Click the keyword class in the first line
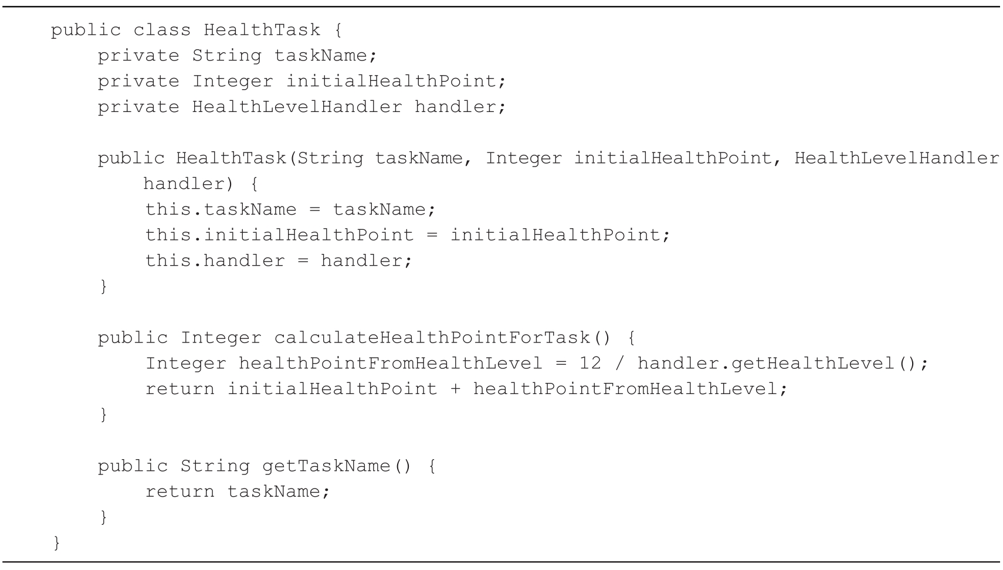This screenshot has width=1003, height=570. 162,30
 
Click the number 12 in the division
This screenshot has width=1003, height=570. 590,363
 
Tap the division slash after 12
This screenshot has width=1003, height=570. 619,363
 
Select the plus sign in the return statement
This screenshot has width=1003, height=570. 455,389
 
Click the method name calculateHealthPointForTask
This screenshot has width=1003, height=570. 432,338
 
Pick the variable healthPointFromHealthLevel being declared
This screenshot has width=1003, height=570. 390,363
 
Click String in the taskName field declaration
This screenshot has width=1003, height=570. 226,56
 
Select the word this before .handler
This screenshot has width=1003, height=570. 168,260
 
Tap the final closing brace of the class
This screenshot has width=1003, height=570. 56,542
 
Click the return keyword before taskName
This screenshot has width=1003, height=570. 179,491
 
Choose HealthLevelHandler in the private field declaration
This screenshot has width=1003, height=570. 297,107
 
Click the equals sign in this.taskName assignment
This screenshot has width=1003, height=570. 315,209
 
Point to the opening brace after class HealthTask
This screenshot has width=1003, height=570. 338,30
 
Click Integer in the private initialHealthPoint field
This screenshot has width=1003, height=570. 232,81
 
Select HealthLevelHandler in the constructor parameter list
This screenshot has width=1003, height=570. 897,158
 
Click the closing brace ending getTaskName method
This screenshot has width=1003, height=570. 103,517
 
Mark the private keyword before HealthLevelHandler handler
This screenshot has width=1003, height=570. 138,107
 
